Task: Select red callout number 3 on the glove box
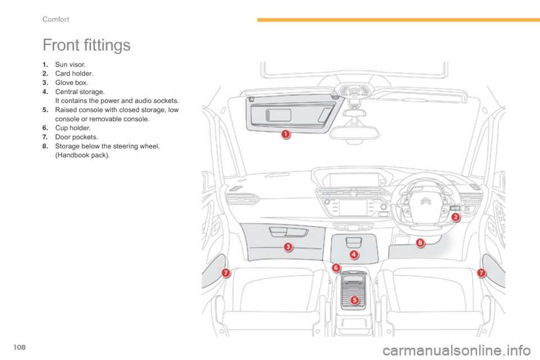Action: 287,246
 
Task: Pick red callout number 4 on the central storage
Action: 353,254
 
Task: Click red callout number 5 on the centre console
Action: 354,300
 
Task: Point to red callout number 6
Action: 336,268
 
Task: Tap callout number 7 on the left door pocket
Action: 225,273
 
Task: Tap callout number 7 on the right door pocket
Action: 481,273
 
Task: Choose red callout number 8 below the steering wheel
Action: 420,243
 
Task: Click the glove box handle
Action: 288,232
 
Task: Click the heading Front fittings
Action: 86,46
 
